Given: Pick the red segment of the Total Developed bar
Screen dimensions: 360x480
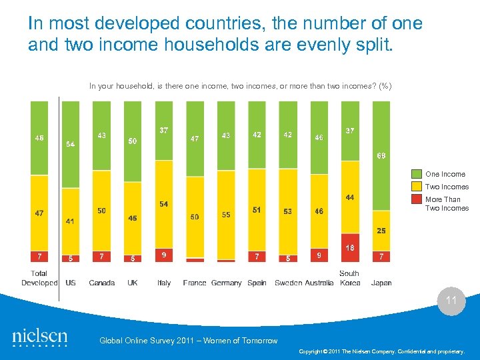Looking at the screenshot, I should [x=39, y=256].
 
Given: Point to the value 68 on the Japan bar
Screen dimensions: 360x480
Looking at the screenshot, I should [x=381, y=156].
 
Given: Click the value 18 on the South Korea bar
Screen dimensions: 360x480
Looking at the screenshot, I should [x=350, y=247].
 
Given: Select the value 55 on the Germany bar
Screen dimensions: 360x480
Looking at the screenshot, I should [x=226, y=215].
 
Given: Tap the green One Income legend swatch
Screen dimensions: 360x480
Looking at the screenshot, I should [x=418, y=175].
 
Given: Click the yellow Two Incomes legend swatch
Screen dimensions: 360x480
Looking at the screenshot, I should [x=418, y=187].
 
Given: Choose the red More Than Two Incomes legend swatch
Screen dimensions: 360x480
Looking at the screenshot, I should [x=418, y=199].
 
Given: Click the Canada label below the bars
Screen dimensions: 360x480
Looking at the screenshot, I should [x=101, y=283].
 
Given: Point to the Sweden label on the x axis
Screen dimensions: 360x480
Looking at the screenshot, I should [x=288, y=283].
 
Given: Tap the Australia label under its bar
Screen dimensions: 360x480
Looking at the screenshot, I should [x=319, y=283].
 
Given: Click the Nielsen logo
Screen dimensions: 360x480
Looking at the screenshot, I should [x=39, y=337].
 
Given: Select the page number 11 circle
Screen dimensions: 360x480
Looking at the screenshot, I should [x=451, y=301].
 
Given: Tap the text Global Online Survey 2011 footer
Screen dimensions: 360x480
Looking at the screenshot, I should [x=188, y=341].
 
